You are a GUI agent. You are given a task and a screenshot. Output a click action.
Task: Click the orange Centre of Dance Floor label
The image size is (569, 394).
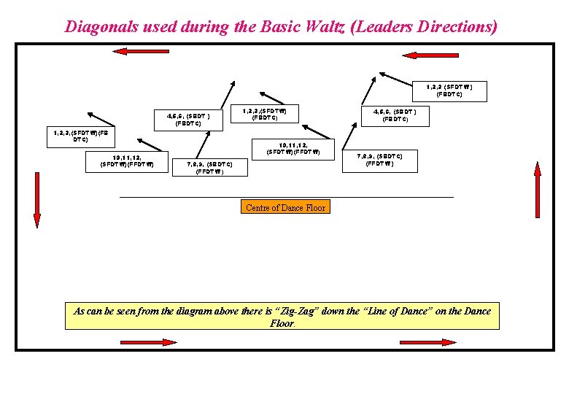[286, 208]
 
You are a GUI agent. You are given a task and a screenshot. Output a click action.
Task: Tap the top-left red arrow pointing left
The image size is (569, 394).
[131, 51]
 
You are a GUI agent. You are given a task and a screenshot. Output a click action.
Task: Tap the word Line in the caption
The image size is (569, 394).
[389, 312]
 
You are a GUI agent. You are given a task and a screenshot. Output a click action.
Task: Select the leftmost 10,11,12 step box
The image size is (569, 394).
[127, 161]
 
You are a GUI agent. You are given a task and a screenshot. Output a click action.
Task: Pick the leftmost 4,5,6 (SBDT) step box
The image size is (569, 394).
[188, 119]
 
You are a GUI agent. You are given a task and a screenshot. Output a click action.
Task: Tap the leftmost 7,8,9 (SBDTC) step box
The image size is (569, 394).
[210, 169]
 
